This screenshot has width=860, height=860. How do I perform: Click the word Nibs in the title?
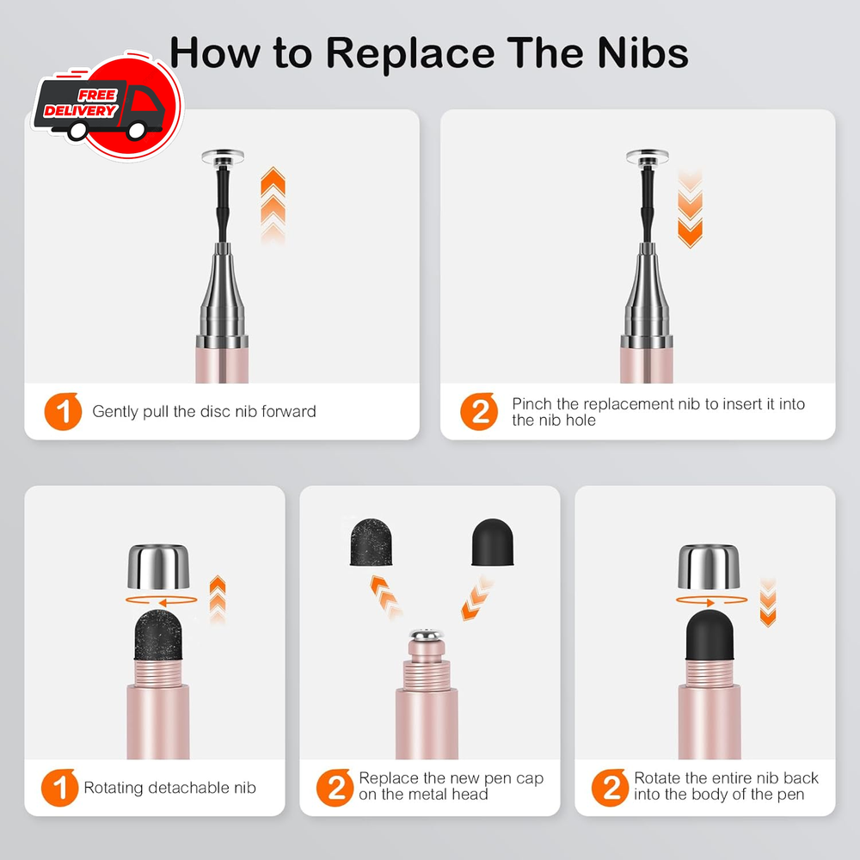tap(642, 53)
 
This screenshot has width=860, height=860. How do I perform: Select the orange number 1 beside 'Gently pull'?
tap(63, 411)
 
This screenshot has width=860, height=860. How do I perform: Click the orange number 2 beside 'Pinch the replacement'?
tap(479, 411)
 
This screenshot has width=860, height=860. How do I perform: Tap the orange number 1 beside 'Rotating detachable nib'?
tap(60, 788)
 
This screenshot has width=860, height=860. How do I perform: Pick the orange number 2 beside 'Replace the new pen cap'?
tap(335, 788)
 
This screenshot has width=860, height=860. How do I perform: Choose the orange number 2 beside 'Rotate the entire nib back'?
tap(611, 788)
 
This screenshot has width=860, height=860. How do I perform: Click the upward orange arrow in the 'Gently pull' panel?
tap(273, 206)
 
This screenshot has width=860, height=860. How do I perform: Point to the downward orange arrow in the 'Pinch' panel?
tap(690, 209)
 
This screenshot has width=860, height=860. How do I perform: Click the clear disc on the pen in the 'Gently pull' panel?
tap(223, 157)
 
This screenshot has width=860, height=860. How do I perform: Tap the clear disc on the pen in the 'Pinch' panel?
tap(648, 157)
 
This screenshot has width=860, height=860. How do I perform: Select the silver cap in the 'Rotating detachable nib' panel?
tap(158, 567)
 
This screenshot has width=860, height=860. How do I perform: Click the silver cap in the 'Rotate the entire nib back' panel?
tap(709, 567)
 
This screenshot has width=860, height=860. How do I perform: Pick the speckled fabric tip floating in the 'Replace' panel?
tap(372, 542)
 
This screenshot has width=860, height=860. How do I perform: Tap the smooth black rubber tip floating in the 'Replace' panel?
tap(493, 542)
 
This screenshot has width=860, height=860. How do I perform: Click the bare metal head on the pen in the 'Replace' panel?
tap(427, 636)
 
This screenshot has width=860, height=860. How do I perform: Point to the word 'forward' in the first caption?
tap(288, 411)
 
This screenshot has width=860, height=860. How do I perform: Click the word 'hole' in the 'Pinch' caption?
tap(580, 421)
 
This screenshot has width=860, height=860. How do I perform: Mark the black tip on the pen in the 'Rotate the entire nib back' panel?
tap(709, 634)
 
